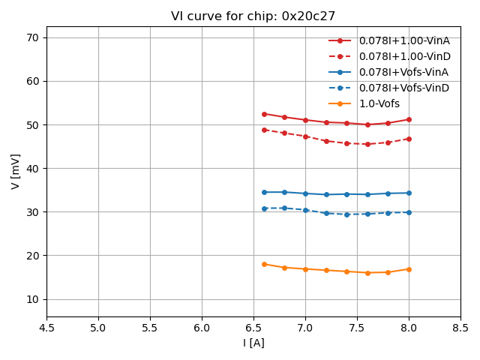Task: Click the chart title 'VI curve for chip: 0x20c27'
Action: (x=253, y=16)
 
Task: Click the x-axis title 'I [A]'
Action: (x=253, y=343)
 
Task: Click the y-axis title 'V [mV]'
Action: (x=16, y=171)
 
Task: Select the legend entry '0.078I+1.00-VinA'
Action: (x=404, y=40)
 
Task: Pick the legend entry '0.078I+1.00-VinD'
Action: (x=404, y=56)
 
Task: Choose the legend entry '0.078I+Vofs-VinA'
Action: (x=403, y=72)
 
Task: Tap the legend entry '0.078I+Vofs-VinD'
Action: (x=403, y=88)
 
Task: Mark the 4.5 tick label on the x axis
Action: (x=46, y=328)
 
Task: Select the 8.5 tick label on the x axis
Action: (x=460, y=328)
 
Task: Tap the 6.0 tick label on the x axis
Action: (x=202, y=328)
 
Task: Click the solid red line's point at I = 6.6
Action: (x=264, y=114)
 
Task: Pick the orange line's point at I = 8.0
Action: (x=409, y=269)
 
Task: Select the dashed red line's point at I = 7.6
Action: (x=367, y=144)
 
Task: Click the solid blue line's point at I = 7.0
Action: (x=305, y=193)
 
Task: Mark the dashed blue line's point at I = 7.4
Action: (x=346, y=214)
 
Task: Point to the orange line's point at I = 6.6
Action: (x=264, y=264)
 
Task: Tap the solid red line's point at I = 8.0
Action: (x=409, y=119)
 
